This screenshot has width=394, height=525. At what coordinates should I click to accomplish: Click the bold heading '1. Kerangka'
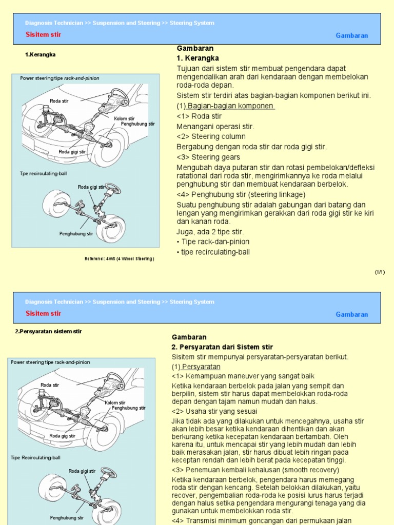(198, 58)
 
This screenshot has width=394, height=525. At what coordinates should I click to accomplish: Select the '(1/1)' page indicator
(380, 272)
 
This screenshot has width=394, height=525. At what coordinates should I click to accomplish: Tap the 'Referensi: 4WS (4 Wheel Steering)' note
(119, 258)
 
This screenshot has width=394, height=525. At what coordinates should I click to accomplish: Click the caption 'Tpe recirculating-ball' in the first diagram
(44, 174)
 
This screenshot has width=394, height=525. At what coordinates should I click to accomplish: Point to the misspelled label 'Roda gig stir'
(62, 436)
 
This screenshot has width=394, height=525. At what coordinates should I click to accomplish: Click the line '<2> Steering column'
(211, 136)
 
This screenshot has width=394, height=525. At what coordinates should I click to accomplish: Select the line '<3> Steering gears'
(208, 157)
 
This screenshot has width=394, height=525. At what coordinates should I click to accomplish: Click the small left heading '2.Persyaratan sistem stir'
(49, 331)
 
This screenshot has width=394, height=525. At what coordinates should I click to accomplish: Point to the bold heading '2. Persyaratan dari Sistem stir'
(222, 347)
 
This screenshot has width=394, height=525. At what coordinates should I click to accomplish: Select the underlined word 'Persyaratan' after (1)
(201, 367)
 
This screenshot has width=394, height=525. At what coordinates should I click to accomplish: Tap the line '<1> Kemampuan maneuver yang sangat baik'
(243, 376)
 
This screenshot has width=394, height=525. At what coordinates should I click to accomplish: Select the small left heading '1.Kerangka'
(41, 54)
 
